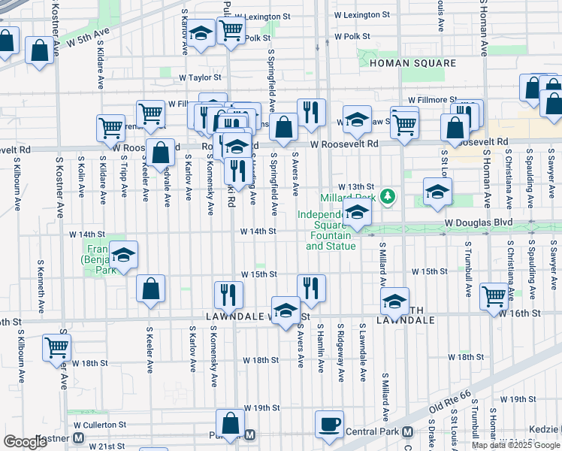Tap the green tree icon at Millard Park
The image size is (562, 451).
[x=388, y=197]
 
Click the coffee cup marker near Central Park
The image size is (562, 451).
[x=329, y=424]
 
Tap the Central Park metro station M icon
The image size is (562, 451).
[x=406, y=432]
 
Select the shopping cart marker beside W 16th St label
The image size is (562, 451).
[x=494, y=296]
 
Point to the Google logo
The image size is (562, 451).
[x=25, y=442]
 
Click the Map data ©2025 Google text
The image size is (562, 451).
[x=515, y=445]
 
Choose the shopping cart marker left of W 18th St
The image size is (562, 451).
[x=57, y=348]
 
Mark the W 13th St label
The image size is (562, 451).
[x=355, y=186]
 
